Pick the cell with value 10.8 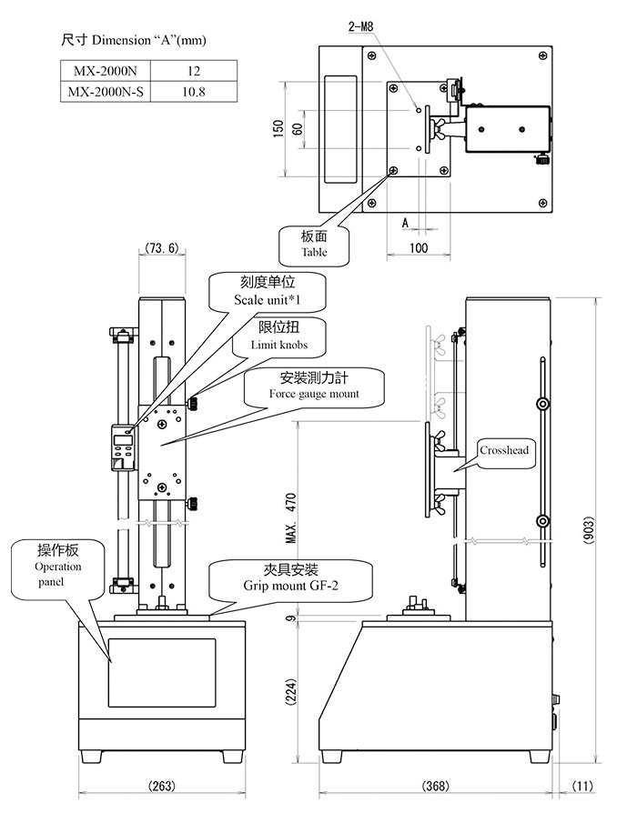(x=192, y=91)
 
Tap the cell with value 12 (x=192, y=70)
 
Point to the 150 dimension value (x=278, y=127)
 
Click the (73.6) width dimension (x=160, y=247)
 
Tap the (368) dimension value (x=436, y=786)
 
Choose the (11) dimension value (x=582, y=786)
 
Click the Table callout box (x=314, y=244)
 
